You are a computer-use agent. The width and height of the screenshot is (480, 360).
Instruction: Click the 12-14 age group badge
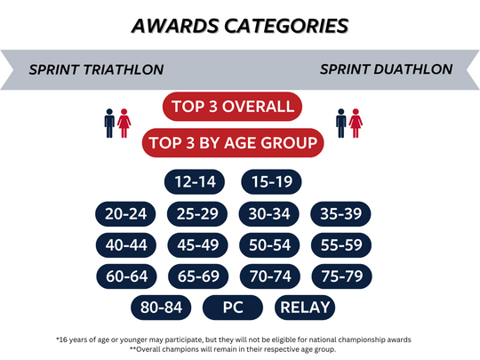[195, 182]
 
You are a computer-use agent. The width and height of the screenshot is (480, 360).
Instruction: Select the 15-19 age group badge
[271, 182]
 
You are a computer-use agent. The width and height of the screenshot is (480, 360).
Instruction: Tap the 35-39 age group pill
[340, 213]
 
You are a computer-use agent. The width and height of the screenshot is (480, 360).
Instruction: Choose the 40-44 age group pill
[126, 245]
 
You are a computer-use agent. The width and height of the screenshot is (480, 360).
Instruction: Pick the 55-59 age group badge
[341, 245]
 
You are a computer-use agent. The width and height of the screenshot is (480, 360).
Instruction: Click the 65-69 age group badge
[198, 276]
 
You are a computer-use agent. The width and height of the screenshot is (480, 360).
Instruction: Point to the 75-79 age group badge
[342, 276]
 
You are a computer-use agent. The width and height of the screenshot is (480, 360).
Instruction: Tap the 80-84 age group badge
[161, 308]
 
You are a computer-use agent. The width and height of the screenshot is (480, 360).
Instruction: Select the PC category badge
[233, 308]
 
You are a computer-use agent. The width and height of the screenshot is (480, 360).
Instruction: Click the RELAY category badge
[305, 308]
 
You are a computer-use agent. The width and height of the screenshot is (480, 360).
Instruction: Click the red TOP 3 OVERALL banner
[232, 107]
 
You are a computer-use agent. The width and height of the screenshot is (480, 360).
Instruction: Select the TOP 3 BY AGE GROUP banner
[233, 142]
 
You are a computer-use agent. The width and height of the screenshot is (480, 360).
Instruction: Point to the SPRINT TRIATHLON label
[96, 70]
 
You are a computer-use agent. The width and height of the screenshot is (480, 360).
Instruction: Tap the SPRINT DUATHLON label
[387, 69]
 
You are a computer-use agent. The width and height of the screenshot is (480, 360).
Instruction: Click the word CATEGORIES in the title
[286, 26]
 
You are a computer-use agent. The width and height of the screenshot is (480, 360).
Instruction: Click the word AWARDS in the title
[175, 26]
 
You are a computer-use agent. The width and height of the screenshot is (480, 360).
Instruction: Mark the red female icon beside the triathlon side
[124, 123]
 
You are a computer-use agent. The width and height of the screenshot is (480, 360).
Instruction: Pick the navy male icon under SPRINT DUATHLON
[341, 123]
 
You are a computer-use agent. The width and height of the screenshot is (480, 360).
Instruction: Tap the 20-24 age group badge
[125, 213]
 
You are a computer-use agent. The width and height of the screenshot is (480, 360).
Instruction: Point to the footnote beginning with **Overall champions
[233, 349]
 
